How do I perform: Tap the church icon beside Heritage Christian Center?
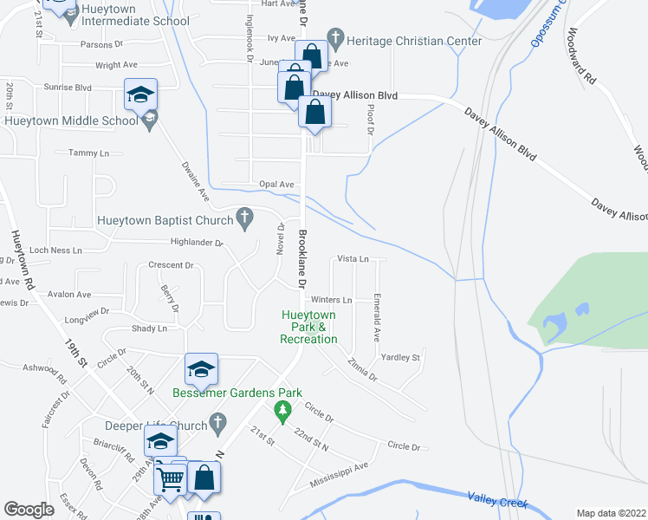click(x=334, y=41)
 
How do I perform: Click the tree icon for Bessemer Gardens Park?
click(x=281, y=408)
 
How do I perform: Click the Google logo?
click(x=29, y=510)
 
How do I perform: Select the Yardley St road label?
click(x=400, y=357)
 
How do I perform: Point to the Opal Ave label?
click(x=277, y=185)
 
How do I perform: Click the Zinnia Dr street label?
click(x=361, y=370)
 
